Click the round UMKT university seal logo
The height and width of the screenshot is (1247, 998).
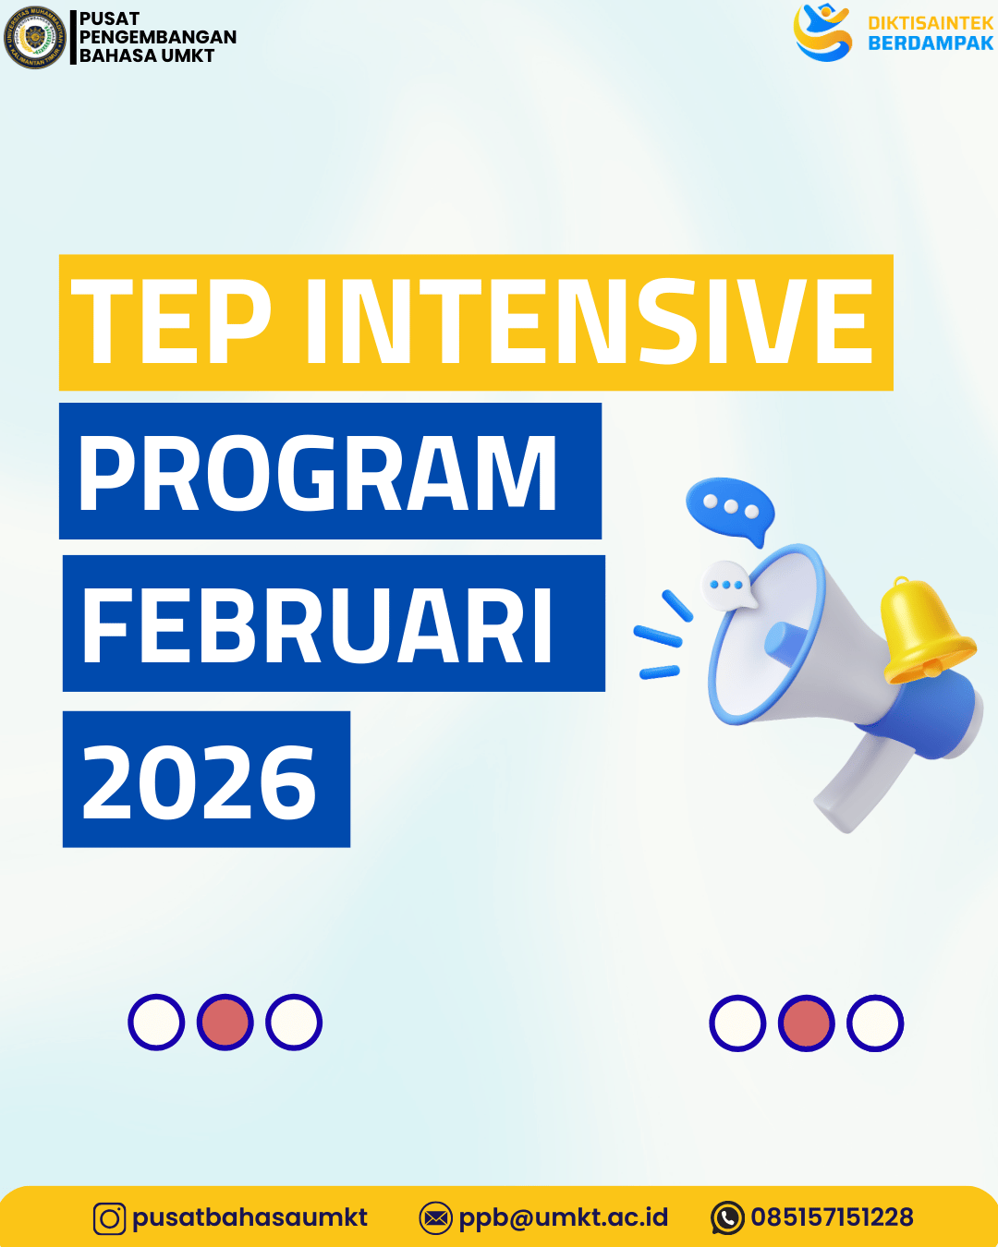click(35, 38)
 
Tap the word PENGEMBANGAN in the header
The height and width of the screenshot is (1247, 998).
click(158, 37)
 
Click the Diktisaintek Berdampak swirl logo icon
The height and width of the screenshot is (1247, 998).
click(822, 32)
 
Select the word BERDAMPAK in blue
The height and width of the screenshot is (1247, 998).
click(930, 43)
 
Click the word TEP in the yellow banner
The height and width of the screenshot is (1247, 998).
click(172, 322)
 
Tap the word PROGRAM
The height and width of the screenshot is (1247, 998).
click(318, 473)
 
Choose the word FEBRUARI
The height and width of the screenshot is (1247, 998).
click(318, 625)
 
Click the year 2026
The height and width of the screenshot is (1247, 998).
click(200, 781)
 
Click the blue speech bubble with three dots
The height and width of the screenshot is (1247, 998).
click(730, 508)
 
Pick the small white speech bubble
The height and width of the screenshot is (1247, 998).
click(728, 585)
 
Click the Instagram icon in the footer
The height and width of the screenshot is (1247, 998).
click(109, 1218)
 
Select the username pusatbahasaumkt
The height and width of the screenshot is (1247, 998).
click(249, 1217)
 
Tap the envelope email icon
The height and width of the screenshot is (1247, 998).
click(435, 1218)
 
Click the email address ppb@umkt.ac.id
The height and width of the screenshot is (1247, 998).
click(563, 1217)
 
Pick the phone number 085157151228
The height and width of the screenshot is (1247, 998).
click(832, 1217)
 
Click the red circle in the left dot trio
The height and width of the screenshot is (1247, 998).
click(225, 1023)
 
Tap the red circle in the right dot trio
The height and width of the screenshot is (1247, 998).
click(806, 1023)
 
